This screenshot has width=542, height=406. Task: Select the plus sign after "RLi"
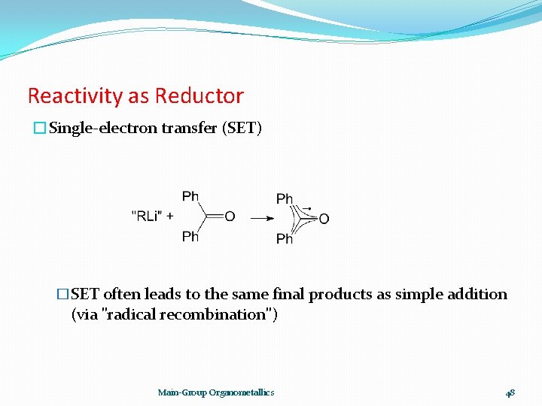coord(169,217)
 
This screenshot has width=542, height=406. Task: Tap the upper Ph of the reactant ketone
coord(190,196)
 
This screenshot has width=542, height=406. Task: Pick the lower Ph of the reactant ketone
coord(190,237)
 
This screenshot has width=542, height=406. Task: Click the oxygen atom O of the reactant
coord(230,217)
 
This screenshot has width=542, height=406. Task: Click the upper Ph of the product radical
coord(285,198)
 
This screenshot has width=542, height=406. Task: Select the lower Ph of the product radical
coord(285,239)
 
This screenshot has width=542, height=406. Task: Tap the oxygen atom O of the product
coord(324,219)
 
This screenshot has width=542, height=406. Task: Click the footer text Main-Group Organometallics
coord(216,392)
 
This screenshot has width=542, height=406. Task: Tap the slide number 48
coord(510,392)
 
